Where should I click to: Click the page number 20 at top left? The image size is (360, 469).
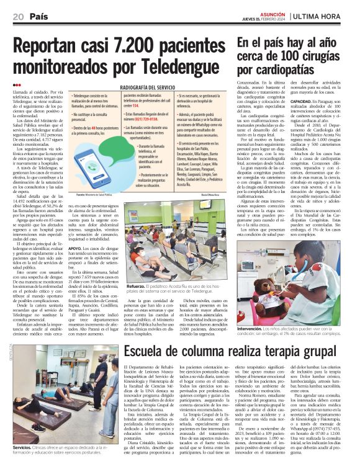point(18,18)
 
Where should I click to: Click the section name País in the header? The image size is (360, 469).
point(38,18)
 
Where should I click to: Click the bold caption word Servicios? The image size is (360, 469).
point(22,447)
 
